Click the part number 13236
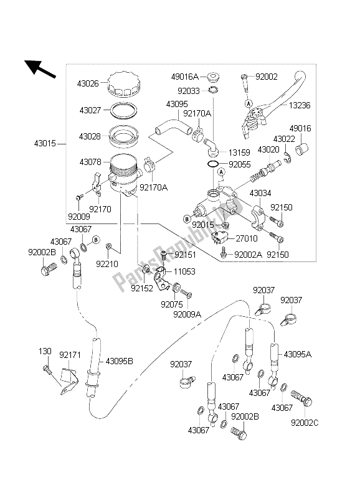click(322, 106)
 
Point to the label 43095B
click(120, 360)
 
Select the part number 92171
click(70, 354)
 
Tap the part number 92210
click(107, 263)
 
